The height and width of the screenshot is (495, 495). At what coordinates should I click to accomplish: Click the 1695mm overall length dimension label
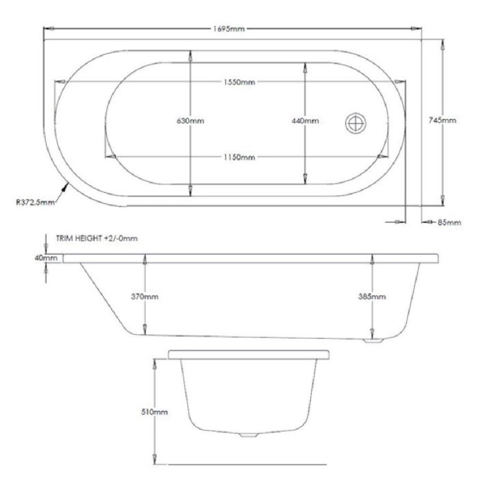pos(229,29)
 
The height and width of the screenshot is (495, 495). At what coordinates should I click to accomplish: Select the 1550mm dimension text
pos(239,82)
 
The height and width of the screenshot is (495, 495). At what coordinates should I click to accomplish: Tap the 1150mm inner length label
pos(239,157)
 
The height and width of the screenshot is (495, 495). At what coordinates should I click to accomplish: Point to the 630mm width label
pos(190,121)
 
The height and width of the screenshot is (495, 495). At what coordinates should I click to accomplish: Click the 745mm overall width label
pos(442,120)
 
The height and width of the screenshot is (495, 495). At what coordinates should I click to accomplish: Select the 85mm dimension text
pos(449,222)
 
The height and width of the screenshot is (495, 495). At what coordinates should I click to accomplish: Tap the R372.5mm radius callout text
pos(35,202)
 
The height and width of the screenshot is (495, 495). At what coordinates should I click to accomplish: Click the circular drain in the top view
pos(356,123)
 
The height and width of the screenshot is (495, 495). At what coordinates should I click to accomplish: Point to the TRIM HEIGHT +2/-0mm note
pos(96,239)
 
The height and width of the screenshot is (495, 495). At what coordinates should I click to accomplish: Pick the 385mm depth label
pos(372,296)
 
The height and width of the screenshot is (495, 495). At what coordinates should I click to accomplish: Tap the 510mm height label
pos(155,411)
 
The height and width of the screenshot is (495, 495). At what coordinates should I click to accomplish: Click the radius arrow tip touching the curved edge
pos(69,184)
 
